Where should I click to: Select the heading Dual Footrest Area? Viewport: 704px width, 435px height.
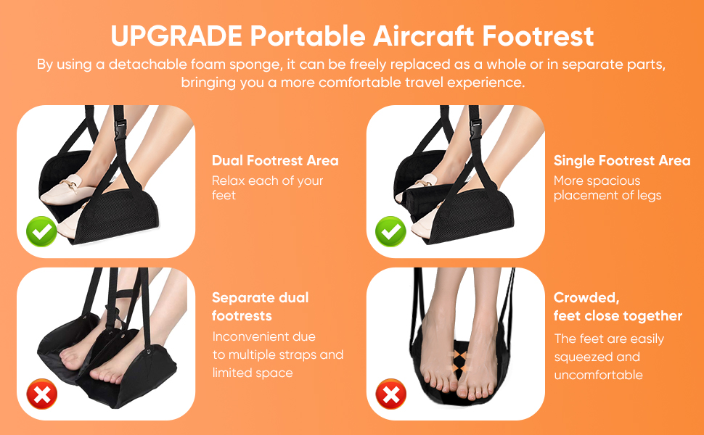(x=275, y=160)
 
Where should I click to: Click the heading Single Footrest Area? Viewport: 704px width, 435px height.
(x=622, y=160)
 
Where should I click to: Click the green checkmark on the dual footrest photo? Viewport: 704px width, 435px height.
(x=41, y=232)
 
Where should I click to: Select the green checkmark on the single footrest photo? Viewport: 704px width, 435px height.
(x=390, y=232)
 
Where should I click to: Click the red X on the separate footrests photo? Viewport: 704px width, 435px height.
(x=41, y=395)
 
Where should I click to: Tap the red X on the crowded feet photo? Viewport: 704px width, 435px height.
(x=390, y=395)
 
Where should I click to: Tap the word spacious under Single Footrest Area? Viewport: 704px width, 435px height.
(x=615, y=180)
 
